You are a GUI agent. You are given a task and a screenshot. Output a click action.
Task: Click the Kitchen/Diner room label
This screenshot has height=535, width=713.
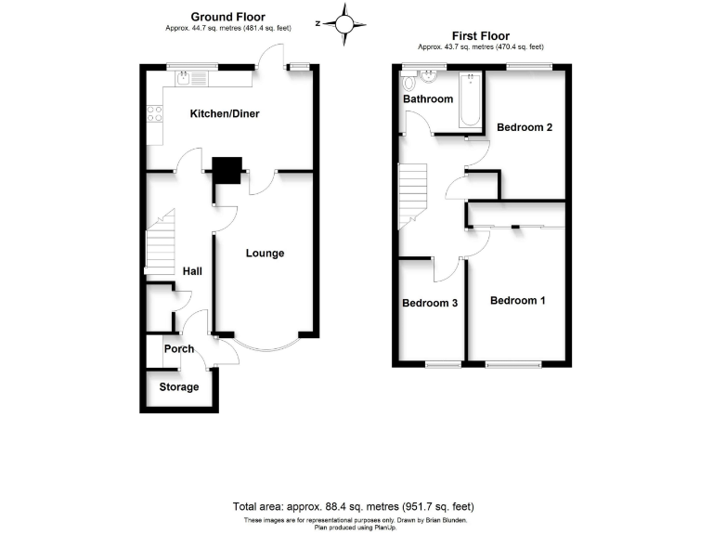coord(224,114)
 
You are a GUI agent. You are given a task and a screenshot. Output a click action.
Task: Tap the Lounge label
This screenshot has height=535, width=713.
coord(265,253)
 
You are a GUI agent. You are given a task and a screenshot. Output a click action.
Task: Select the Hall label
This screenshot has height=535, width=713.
coord(192,271)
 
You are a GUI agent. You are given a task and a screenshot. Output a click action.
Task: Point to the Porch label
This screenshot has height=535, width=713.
coord(179,349)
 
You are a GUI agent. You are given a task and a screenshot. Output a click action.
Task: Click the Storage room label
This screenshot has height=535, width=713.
coord(179,386)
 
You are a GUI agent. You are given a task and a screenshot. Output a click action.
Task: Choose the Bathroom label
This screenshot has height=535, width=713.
coord(428,99)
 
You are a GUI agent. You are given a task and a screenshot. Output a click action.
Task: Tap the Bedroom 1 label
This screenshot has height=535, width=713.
coord(518,301)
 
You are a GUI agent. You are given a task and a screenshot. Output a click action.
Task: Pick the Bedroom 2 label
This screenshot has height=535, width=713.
coord(525,127)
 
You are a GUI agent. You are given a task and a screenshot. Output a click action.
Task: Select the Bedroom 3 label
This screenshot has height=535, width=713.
coord(431,303)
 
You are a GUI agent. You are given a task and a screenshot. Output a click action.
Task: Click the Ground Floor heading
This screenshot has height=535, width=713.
coord(228,17)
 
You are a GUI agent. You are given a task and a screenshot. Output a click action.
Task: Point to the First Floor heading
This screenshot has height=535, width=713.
coord(480,36)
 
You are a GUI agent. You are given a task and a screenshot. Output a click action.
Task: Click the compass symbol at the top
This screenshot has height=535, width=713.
coord(345,23)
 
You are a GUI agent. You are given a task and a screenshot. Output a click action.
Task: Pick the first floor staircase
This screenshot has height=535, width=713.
coord(411,194)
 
